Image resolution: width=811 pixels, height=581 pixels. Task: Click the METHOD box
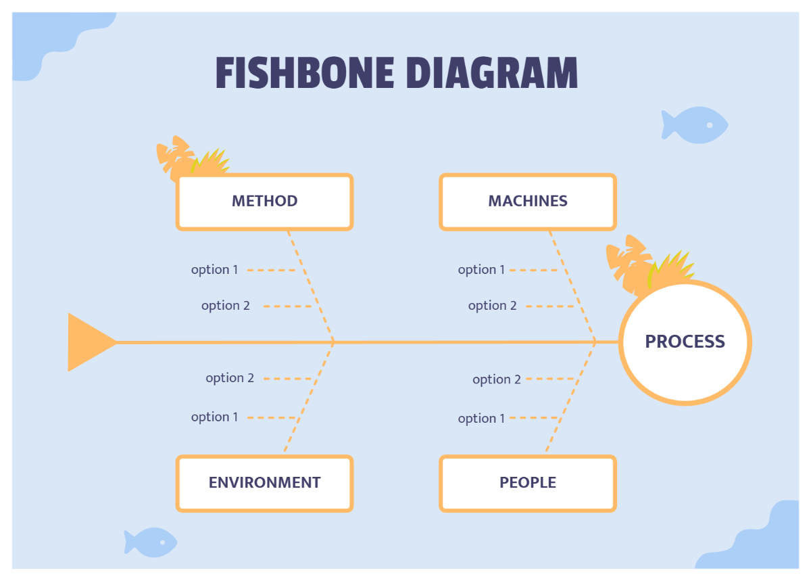click(264, 202)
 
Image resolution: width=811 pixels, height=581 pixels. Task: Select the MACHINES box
click(528, 202)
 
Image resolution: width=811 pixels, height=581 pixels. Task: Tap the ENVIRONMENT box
click(264, 483)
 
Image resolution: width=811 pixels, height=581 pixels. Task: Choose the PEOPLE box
click(528, 483)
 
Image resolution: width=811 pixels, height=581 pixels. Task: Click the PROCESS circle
click(685, 342)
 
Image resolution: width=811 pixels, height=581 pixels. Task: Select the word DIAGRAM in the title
click(493, 73)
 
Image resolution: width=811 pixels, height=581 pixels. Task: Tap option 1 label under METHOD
click(215, 270)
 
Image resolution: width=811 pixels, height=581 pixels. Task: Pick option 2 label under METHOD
click(226, 306)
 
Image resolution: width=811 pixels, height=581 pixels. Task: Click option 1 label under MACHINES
click(481, 270)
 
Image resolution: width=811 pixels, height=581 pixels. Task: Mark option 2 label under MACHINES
click(492, 306)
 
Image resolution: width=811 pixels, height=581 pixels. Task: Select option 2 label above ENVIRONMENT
click(230, 378)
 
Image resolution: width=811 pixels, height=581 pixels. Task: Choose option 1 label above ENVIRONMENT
click(215, 417)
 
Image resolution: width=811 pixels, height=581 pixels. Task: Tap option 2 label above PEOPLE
click(497, 379)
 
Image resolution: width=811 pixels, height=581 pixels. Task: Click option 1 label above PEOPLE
click(481, 419)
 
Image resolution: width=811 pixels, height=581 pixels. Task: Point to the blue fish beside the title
click(693, 125)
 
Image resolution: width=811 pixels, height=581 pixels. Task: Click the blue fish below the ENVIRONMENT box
click(151, 542)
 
